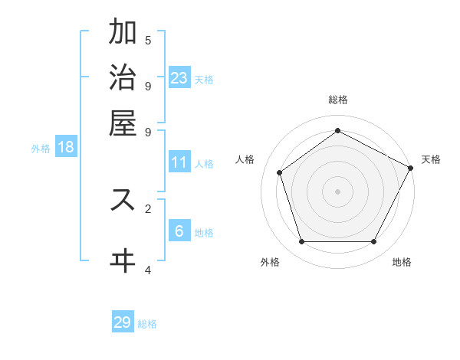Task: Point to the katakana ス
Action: pos(123,199)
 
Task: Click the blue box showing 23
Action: pos(179,77)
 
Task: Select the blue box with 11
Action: pos(179,162)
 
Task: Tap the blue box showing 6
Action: pos(179,231)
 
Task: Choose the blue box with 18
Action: pos(66,147)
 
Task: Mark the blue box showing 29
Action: pos(123,322)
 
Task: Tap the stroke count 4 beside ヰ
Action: pos(148,270)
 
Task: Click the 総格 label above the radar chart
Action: pos(338,100)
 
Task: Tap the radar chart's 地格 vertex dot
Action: pos(374,242)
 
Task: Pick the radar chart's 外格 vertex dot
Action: pos(302,242)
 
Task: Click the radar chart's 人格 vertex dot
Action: pos(280,172)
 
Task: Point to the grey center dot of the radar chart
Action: pos(338,191)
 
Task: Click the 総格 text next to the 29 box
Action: pos(147,324)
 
